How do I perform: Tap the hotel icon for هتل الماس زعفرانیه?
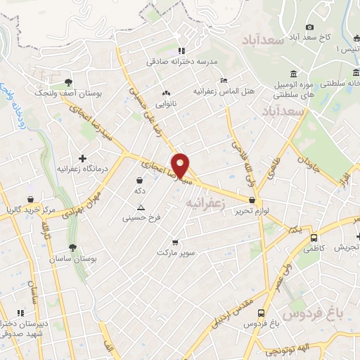point(224,80)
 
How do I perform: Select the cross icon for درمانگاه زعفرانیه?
point(82,158)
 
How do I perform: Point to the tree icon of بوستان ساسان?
point(73,247)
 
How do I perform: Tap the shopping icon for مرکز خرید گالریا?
point(30,200)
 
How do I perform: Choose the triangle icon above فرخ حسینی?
point(141,207)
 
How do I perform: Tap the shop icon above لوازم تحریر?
point(251,200)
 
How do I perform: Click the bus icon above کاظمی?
point(314,238)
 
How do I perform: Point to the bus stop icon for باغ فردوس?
point(262,313)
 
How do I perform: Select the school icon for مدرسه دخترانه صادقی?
point(181,51)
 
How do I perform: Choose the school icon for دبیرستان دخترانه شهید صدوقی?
point(20,313)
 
